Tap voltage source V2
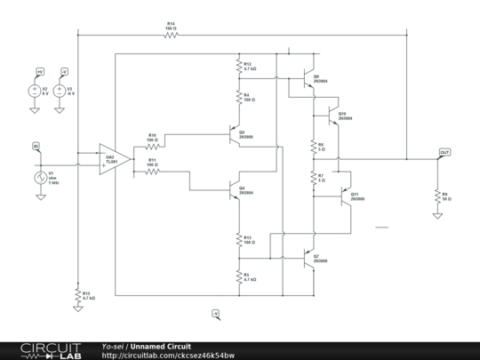(x=34, y=92)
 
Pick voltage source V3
(x=60, y=92)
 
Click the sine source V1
(x=40, y=178)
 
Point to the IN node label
(x=36, y=146)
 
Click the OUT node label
(x=444, y=152)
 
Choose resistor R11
(x=153, y=171)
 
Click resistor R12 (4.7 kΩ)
(x=238, y=67)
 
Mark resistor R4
(x=238, y=100)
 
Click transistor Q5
(x=234, y=135)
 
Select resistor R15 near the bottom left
(x=78, y=294)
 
